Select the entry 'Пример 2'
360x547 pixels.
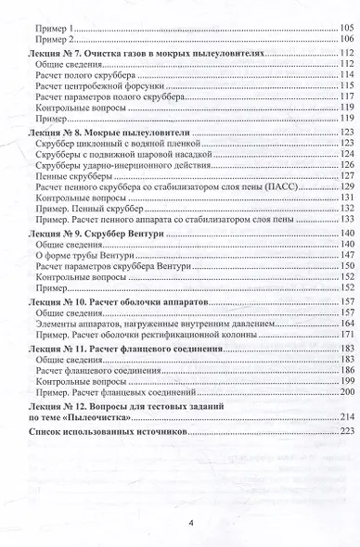click(52, 40)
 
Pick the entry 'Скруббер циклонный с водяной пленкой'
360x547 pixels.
click(107, 146)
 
